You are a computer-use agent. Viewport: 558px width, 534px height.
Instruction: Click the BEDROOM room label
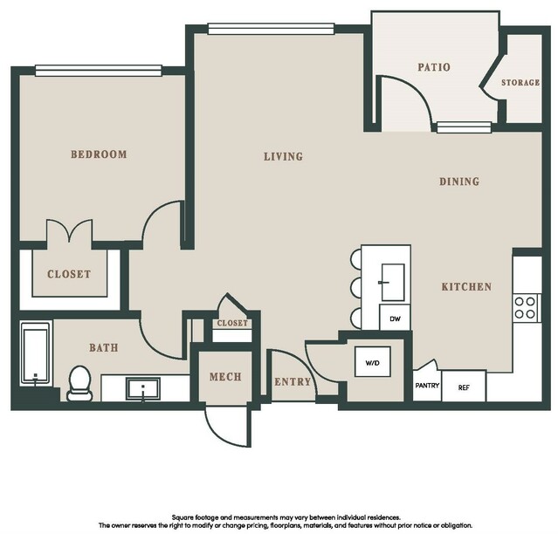(x=99, y=154)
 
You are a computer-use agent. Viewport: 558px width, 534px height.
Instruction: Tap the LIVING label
(x=283, y=156)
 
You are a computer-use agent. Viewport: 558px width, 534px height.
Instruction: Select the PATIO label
(x=434, y=67)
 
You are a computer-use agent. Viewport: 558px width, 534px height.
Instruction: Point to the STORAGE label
(x=520, y=83)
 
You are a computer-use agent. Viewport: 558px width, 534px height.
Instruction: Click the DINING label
(x=459, y=181)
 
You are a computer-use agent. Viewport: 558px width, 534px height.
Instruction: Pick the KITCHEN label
(x=466, y=286)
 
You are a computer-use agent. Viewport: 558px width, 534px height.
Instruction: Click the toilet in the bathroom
(x=79, y=383)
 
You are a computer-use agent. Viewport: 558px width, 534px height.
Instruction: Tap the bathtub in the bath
(x=35, y=353)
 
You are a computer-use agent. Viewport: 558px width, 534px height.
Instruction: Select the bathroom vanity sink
(x=142, y=388)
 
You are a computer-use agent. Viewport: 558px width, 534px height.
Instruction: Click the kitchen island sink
(x=393, y=283)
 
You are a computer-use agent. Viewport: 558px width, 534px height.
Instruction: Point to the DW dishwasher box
(x=395, y=318)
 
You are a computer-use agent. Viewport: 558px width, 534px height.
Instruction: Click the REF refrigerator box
(x=464, y=387)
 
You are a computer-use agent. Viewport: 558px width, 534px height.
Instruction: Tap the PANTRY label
(x=427, y=386)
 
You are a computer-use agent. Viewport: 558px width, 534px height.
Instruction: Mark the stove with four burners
(x=526, y=308)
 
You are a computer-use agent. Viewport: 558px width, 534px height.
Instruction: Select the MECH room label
(x=225, y=377)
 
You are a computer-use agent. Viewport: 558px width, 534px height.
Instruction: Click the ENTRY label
(x=293, y=382)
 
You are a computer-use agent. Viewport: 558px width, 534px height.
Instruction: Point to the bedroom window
(x=99, y=71)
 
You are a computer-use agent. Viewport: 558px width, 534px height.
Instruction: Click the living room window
(x=272, y=29)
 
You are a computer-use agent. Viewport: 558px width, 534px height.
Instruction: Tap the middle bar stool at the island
(x=356, y=286)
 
